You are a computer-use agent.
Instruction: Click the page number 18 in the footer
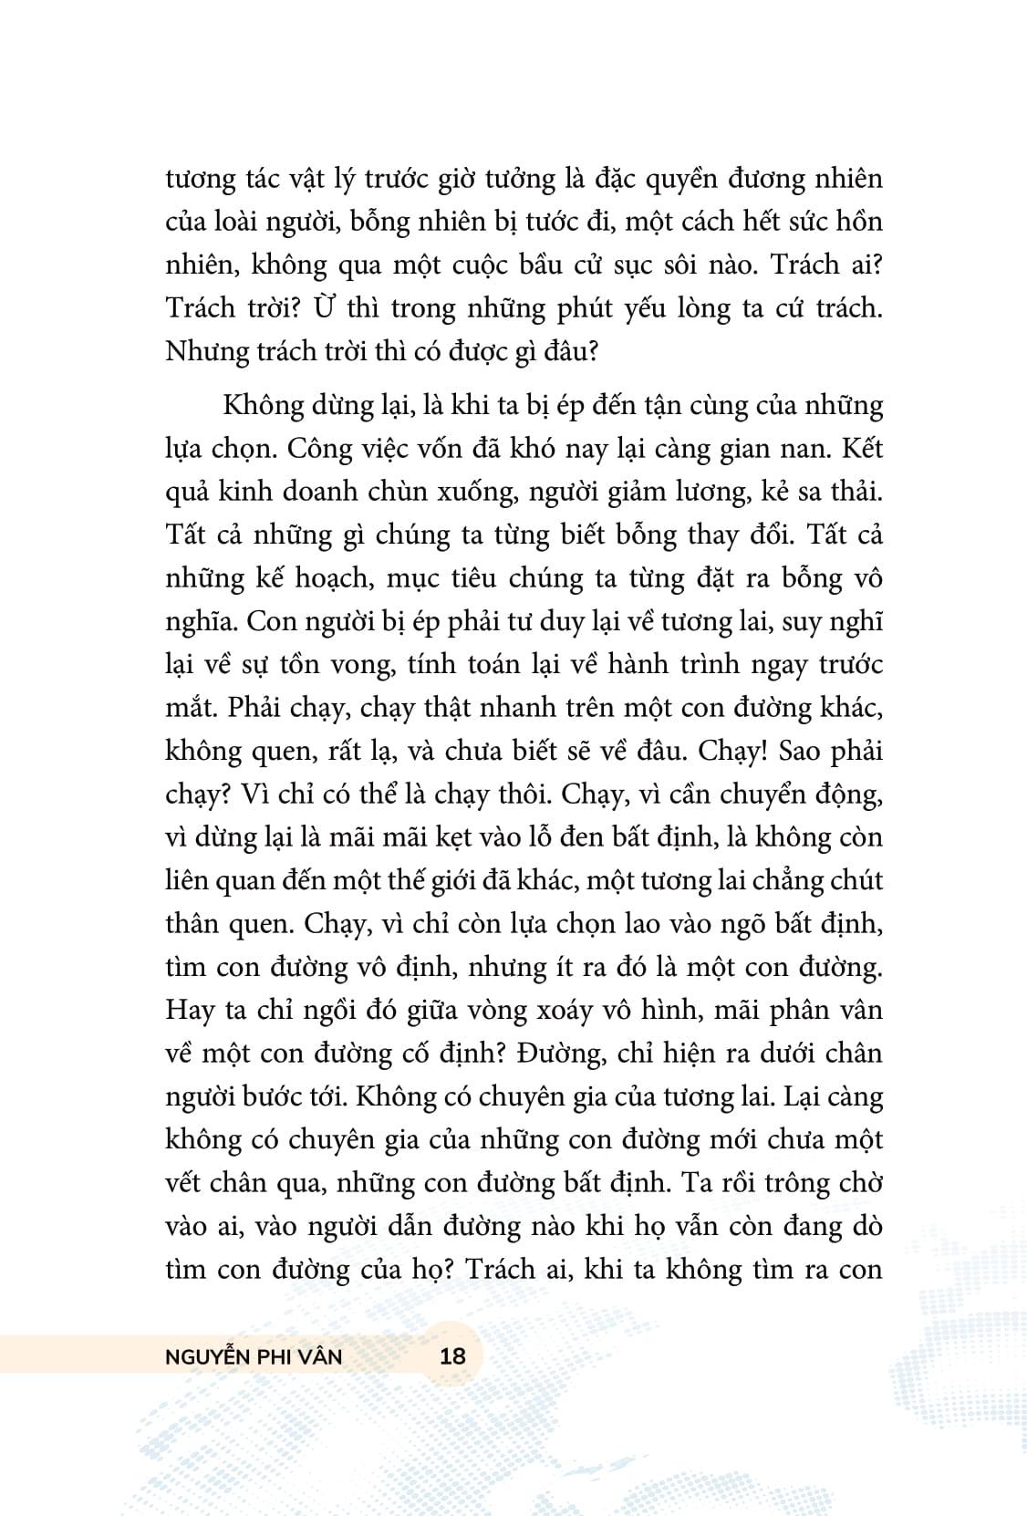[452, 1355]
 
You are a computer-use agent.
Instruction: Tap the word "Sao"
[798, 752]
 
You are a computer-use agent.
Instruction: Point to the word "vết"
[187, 1183]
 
